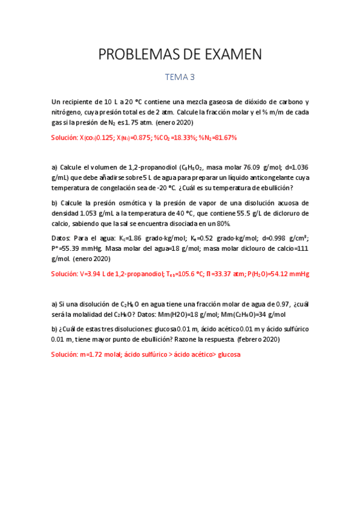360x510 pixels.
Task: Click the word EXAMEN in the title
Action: pyautogui.click(x=230, y=55)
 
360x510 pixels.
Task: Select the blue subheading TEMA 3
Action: pyautogui.click(x=180, y=77)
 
